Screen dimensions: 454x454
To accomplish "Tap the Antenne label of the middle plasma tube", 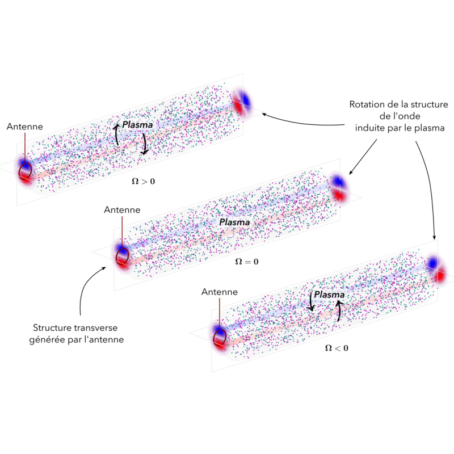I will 122,209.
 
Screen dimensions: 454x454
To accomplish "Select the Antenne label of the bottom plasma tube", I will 220,292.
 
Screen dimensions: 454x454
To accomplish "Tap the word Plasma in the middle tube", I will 234,222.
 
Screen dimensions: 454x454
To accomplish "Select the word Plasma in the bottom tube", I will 329,295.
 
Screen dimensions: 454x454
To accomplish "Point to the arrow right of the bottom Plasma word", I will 340,310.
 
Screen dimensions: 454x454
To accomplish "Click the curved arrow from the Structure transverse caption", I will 87,289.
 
